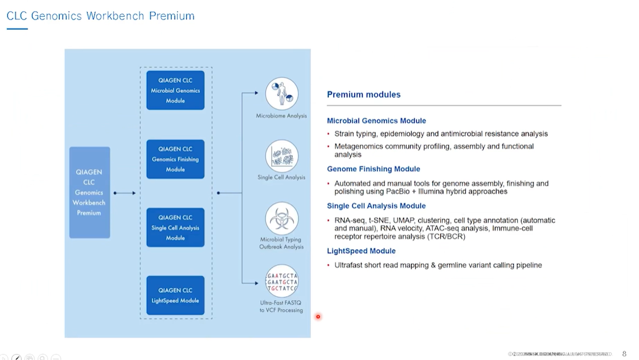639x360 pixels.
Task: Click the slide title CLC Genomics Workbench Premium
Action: (101, 16)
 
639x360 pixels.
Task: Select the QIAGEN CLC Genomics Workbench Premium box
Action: (89, 192)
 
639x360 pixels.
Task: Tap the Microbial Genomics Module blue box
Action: (175, 90)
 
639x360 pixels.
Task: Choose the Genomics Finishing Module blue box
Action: (175, 159)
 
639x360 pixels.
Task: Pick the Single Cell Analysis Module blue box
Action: (175, 227)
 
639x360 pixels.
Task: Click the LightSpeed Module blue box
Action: (175, 295)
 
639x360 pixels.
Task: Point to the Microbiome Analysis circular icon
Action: (282, 93)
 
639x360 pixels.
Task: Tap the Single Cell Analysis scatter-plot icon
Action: (282, 156)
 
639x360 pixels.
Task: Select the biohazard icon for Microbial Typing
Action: (282, 218)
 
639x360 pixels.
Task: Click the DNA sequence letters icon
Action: (282, 281)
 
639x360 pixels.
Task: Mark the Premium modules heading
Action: (363, 95)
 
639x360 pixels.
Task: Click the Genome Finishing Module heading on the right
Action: (374, 169)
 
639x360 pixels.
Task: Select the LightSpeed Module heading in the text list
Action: (361, 251)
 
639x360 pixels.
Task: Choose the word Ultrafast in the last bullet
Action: (348, 265)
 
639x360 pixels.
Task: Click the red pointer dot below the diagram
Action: (318, 317)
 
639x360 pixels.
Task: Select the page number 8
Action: (624, 354)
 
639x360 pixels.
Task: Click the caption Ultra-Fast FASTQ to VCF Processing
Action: (281, 306)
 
